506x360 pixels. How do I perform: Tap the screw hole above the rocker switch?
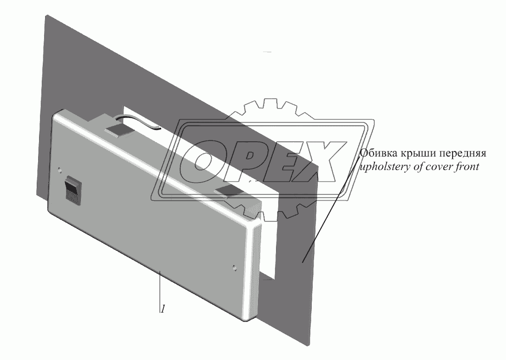59,170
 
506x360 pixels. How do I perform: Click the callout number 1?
162,308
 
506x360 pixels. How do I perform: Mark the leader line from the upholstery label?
330,209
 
